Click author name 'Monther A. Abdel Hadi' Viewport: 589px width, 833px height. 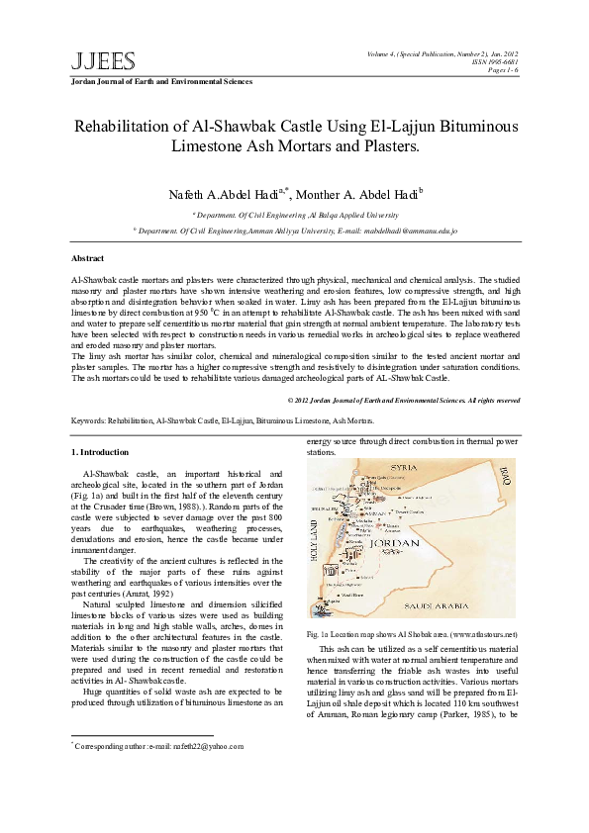click(369, 194)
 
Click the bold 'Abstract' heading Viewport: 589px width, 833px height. click(89, 257)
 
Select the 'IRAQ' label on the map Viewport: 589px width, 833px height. click(502, 476)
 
